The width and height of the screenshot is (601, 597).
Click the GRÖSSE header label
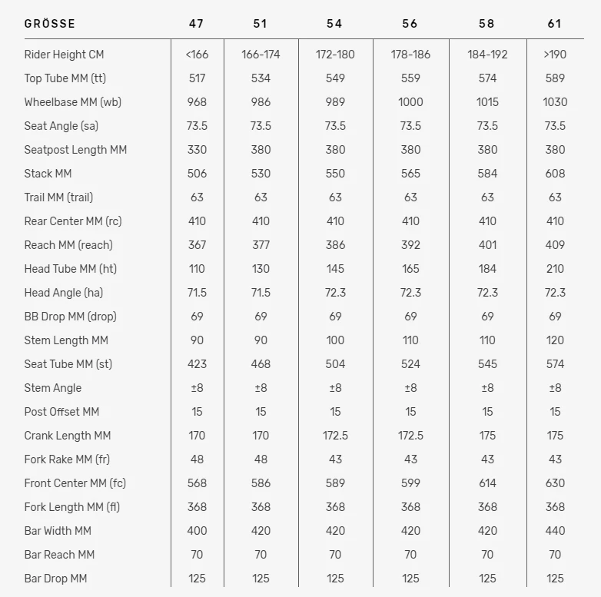(50, 24)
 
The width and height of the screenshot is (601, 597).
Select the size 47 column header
(197, 24)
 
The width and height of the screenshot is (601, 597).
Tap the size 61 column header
(555, 24)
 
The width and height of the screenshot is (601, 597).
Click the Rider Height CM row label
(64, 55)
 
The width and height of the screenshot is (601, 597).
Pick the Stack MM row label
(48, 174)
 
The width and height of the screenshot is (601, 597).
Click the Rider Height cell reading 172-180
(335, 55)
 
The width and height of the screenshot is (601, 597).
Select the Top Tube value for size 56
(410, 78)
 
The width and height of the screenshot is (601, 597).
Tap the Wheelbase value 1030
(555, 102)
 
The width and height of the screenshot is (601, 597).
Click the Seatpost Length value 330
(197, 150)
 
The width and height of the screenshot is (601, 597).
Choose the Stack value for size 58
(487, 174)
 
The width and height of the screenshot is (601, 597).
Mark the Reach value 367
(197, 245)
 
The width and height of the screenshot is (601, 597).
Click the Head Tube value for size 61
(555, 269)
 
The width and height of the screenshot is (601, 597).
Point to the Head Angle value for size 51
(261, 293)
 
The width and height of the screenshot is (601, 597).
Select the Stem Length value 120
(555, 340)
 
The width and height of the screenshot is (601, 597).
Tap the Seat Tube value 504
(335, 364)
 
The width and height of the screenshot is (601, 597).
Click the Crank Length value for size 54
(335, 436)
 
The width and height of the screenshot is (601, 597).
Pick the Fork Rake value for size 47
(197, 459)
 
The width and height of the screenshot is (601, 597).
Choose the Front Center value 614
(487, 483)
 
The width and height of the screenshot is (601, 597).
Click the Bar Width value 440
(555, 531)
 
